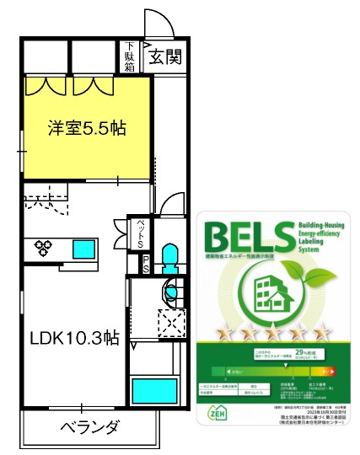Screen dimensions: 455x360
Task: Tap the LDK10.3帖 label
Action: point(74,339)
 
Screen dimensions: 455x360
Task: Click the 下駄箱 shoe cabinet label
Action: point(130,56)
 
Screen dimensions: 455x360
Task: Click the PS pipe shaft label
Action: point(145,264)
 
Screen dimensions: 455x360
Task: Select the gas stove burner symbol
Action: point(44,248)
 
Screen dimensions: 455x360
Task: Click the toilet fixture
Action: point(169,256)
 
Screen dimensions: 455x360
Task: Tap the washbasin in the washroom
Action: point(172,292)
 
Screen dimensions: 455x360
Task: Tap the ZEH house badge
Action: point(217,414)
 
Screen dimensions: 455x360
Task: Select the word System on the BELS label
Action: point(309,249)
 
